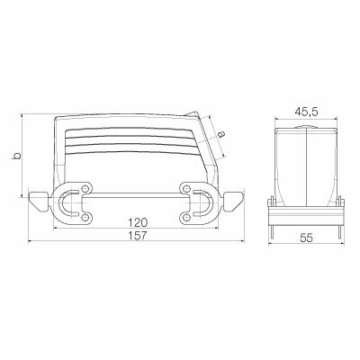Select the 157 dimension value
pyautogui.click(x=138, y=235)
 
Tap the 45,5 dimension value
pyautogui.click(x=306, y=112)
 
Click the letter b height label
pyautogui.click(x=14, y=156)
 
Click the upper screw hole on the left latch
pyautogui.click(x=85, y=187)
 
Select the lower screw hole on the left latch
pyautogui.click(x=85, y=216)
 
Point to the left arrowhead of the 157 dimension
pyautogui.click(x=31, y=242)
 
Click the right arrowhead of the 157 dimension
pyautogui.click(x=245, y=242)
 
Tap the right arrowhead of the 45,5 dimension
pyautogui.click(x=337, y=120)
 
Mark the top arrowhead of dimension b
pyautogui.click(x=22, y=117)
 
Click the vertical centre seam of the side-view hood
pyautogui.click(x=307, y=162)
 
